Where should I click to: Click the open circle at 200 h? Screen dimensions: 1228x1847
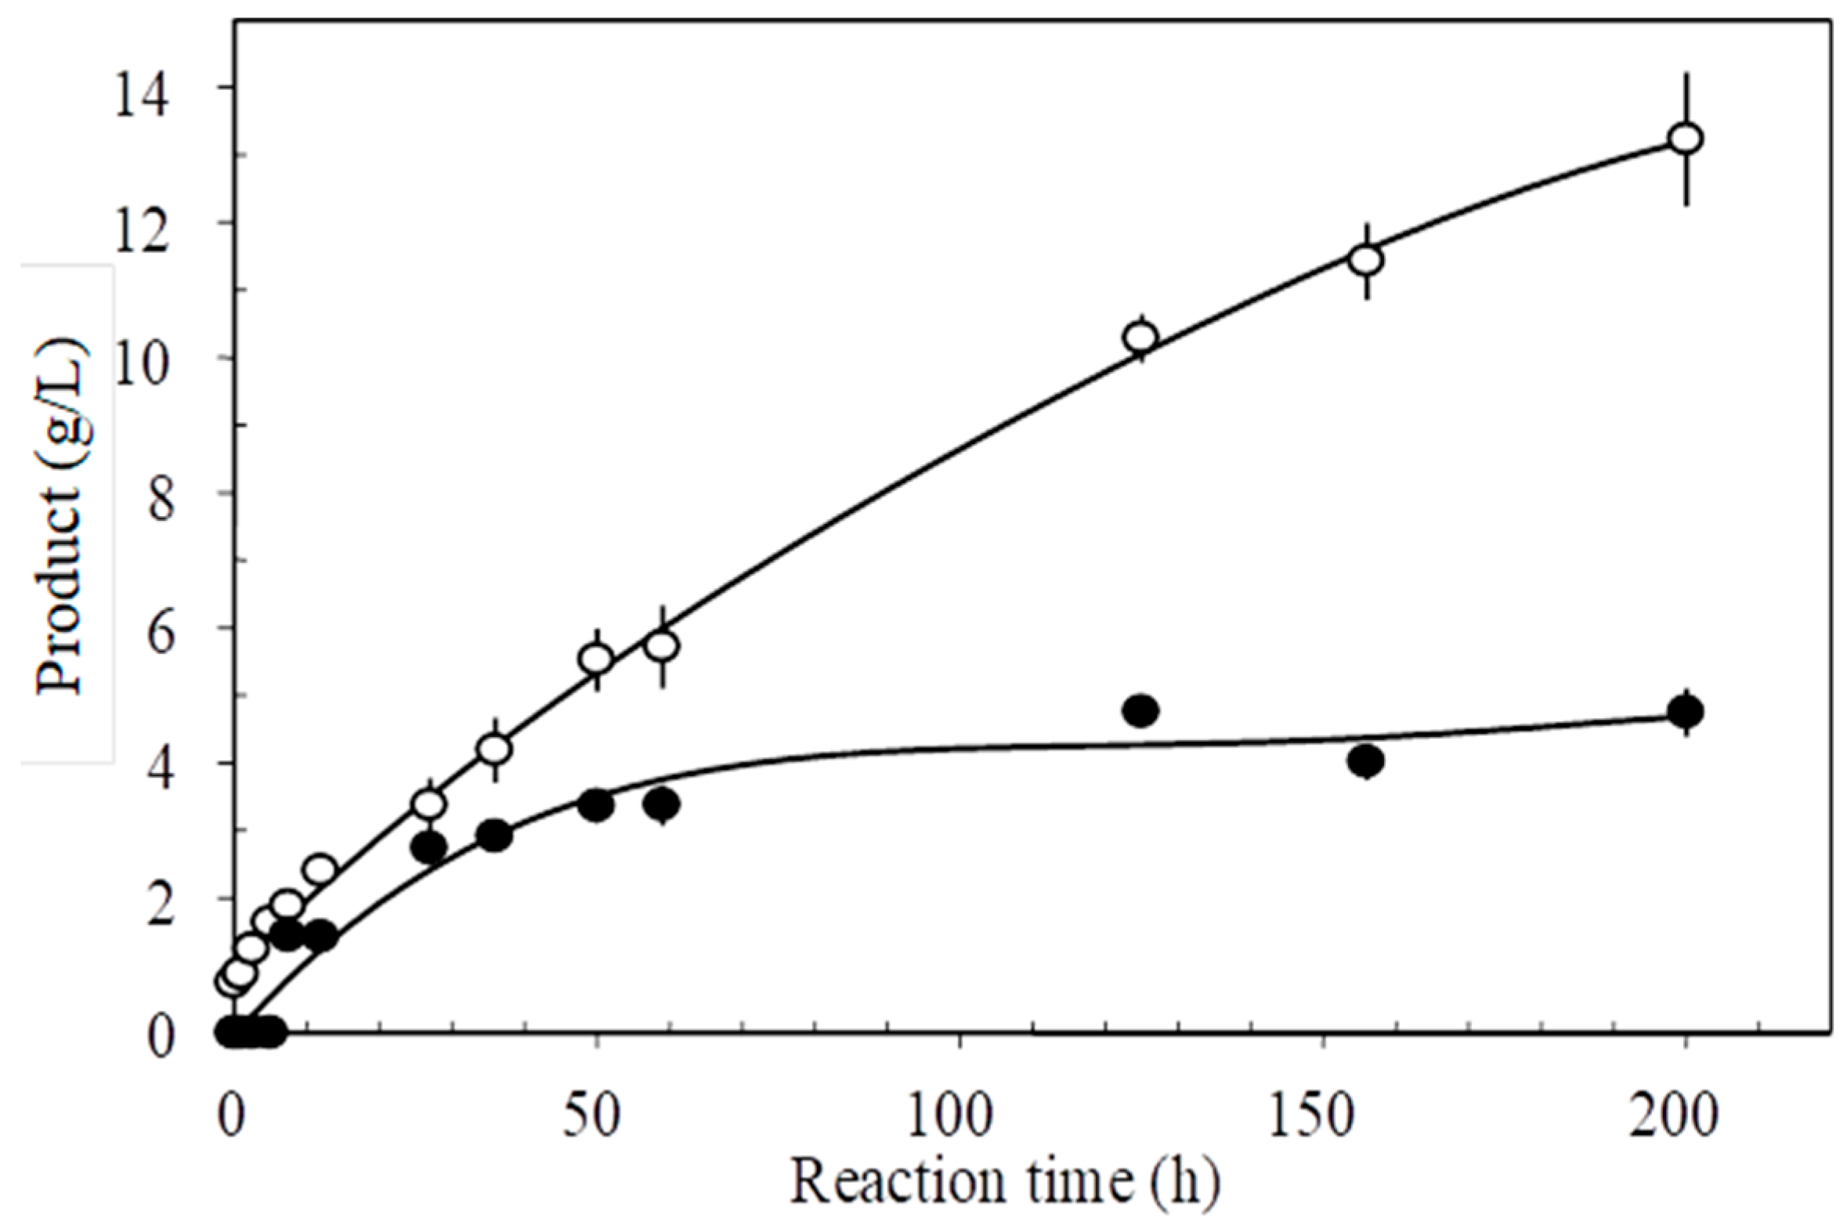[x=1685, y=139]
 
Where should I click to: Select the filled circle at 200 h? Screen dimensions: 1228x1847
[x=1685, y=712]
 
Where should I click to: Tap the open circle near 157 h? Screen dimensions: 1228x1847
[x=1367, y=260]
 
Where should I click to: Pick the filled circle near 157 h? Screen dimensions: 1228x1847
[x=1367, y=760]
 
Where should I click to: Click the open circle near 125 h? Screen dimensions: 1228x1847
[x=1141, y=338]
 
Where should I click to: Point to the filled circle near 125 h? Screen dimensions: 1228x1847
[x=1141, y=711]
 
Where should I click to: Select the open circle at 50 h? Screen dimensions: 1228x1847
[x=597, y=659]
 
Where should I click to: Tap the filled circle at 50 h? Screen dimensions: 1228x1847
[x=597, y=806]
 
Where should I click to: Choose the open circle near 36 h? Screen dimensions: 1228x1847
[x=495, y=749]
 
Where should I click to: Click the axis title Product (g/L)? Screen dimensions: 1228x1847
[x=60, y=515]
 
